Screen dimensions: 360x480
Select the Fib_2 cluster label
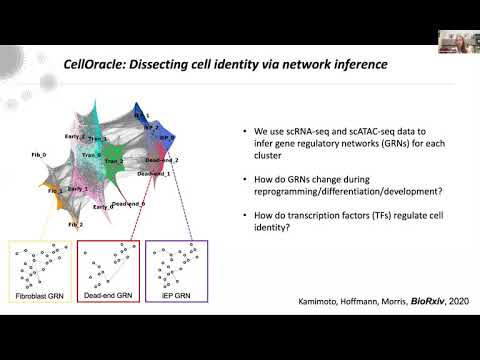click(75, 226)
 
